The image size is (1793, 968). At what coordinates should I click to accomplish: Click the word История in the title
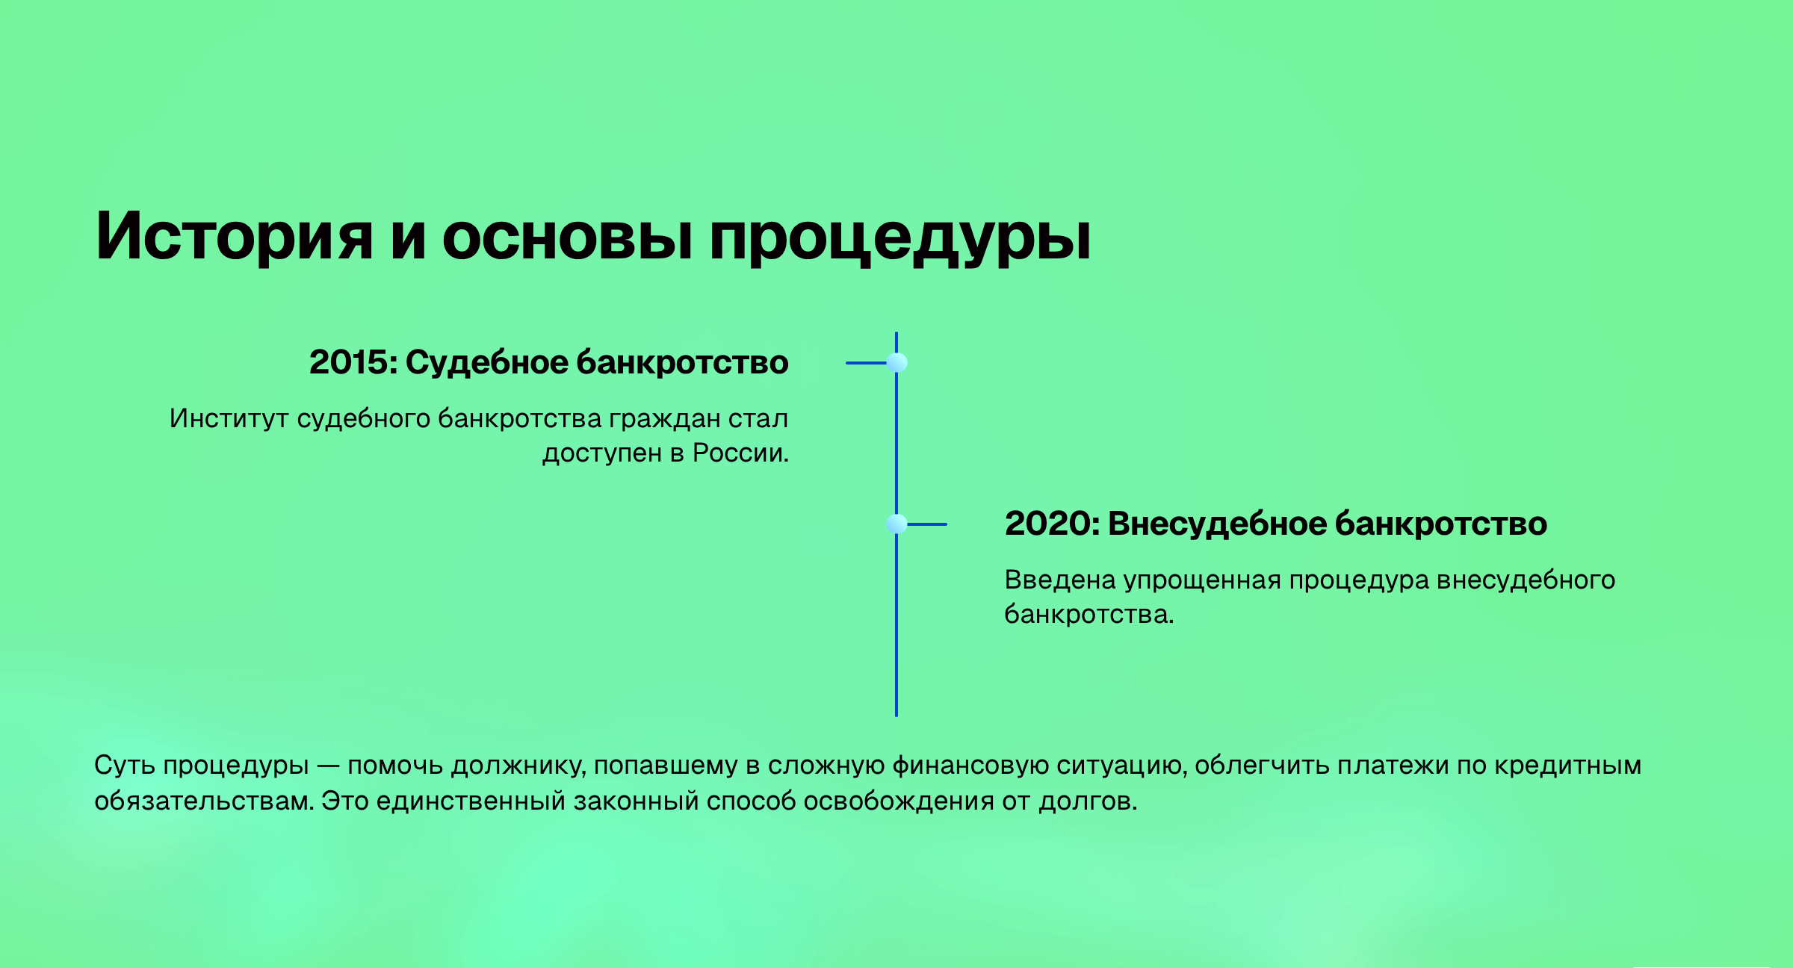click(234, 236)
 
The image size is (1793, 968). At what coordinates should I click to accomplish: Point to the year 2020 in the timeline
click(1049, 524)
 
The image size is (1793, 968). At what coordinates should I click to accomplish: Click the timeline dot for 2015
click(896, 363)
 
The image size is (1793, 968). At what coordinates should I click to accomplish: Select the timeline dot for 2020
click(896, 524)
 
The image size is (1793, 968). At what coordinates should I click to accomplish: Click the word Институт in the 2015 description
click(229, 418)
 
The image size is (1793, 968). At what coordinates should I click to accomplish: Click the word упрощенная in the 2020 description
click(1203, 581)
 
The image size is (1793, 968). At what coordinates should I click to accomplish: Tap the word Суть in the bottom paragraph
click(125, 766)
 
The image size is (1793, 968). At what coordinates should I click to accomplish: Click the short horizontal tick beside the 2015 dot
click(866, 363)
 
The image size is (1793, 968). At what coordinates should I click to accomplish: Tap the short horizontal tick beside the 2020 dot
click(927, 524)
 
